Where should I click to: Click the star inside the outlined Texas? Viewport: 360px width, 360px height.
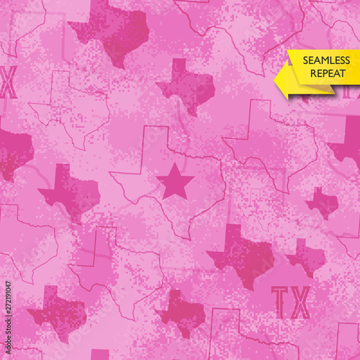click(x=175, y=181)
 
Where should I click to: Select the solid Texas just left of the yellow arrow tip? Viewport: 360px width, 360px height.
click(x=186, y=87)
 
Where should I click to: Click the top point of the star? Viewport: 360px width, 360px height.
click(x=175, y=165)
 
